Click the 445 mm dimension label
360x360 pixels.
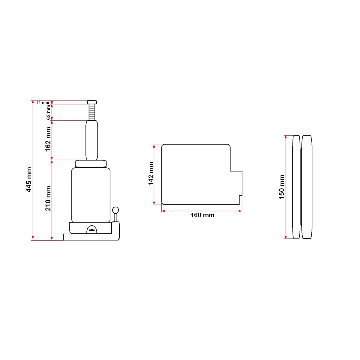(x=29, y=180)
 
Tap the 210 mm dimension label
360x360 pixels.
(x=48, y=198)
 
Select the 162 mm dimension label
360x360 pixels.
(x=48, y=139)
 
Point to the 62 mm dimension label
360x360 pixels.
(x=49, y=112)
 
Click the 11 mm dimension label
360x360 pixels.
(x=43, y=103)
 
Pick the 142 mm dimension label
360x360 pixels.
(x=151, y=174)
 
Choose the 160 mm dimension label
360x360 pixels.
(x=202, y=215)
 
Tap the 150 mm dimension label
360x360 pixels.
(x=281, y=187)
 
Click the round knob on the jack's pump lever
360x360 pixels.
(x=115, y=210)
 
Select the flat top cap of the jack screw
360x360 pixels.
(x=92, y=102)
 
